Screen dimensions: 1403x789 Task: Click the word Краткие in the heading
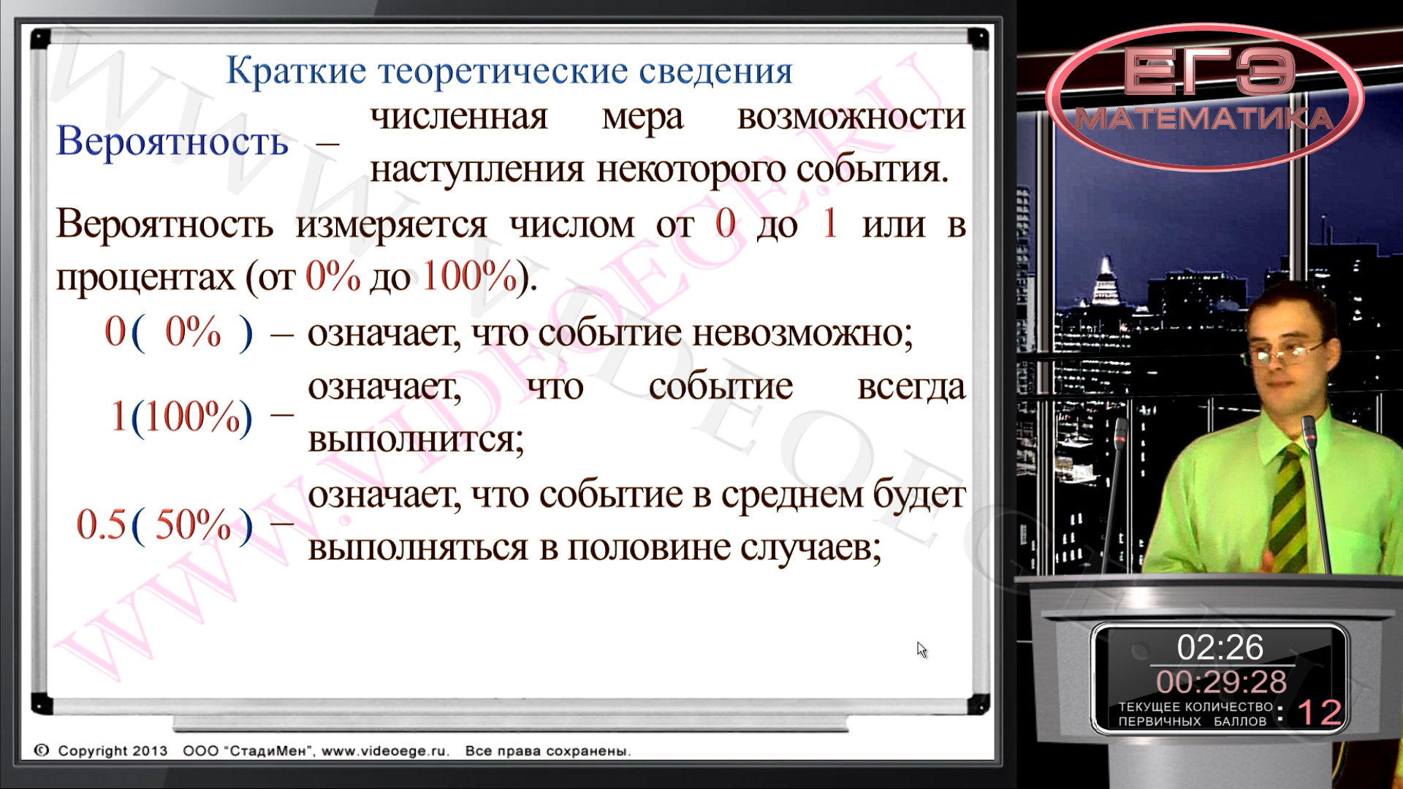[x=296, y=71]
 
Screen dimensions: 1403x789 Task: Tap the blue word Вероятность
[x=172, y=141]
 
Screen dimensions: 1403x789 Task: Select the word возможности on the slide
[x=851, y=117]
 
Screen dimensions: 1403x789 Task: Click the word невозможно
[x=802, y=333]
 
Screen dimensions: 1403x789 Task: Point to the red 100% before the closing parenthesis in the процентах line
[x=470, y=276]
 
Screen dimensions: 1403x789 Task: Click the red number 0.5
[x=102, y=525]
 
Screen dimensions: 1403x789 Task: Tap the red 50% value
[x=193, y=525]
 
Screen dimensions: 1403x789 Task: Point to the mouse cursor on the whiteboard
[x=921, y=649]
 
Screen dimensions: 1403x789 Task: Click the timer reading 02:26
[x=1220, y=647]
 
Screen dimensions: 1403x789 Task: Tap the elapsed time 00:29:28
[x=1221, y=682]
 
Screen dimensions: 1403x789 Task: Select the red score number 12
[x=1319, y=713]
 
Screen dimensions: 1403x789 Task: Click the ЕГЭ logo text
[x=1209, y=71]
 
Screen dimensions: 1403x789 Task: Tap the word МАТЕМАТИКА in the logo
[x=1204, y=119]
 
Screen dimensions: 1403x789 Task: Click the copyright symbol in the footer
[x=42, y=750]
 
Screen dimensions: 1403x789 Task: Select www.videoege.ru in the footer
[x=385, y=751]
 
